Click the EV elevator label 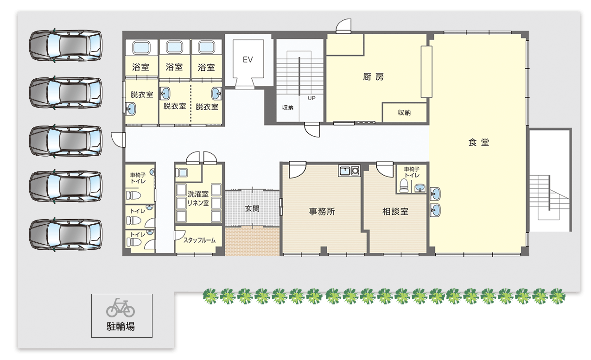click(x=248, y=60)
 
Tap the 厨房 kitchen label click(x=373, y=77)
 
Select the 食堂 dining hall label click(x=479, y=142)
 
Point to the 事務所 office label click(x=322, y=212)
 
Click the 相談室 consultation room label click(x=395, y=212)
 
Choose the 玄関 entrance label click(x=252, y=208)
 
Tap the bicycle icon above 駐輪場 click(x=121, y=308)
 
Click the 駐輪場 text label click(x=121, y=327)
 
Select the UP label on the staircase click(x=311, y=98)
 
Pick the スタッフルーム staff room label click(x=199, y=240)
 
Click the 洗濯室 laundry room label click(x=198, y=194)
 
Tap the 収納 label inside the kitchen click(x=404, y=113)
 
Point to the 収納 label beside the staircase click(x=287, y=107)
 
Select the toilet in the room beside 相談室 click(x=404, y=186)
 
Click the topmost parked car click(x=65, y=45)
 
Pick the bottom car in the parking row click(x=65, y=234)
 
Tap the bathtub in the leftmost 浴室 click(x=141, y=48)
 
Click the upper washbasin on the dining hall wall click(x=435, y=194)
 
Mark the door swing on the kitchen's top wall click(x=343, y=26)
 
